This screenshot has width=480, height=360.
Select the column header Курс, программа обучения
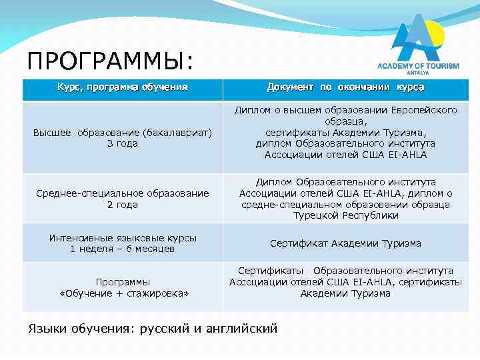123,87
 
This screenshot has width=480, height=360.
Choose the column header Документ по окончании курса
345,87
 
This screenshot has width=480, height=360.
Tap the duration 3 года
123,143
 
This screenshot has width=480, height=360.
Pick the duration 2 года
123,205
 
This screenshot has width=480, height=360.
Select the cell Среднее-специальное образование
123,193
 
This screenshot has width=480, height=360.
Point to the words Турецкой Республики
345,215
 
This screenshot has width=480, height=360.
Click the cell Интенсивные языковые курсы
123,237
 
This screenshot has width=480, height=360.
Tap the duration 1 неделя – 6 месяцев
123,249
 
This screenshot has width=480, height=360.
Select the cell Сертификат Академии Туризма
345,243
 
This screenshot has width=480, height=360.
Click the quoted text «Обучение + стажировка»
123,293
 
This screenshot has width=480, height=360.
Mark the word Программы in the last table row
123,282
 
